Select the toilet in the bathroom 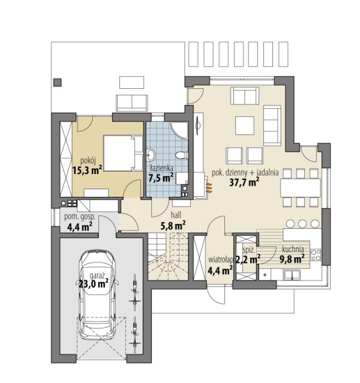pos(181,155)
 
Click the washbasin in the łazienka pos(151,155)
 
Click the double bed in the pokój pos(123,153)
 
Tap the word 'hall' pos(176,215)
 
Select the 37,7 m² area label pos(244,182)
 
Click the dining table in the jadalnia pos(300,188)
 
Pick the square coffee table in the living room pos(245,125)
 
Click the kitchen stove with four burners pos(316,255)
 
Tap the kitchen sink pos(292,275)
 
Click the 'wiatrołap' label pos(220,259)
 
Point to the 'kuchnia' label pos(293,249)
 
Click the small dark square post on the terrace pos(58,83)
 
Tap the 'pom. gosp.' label pos(80,217)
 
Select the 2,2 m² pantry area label pos(247,259)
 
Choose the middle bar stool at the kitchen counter pos(302,223)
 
